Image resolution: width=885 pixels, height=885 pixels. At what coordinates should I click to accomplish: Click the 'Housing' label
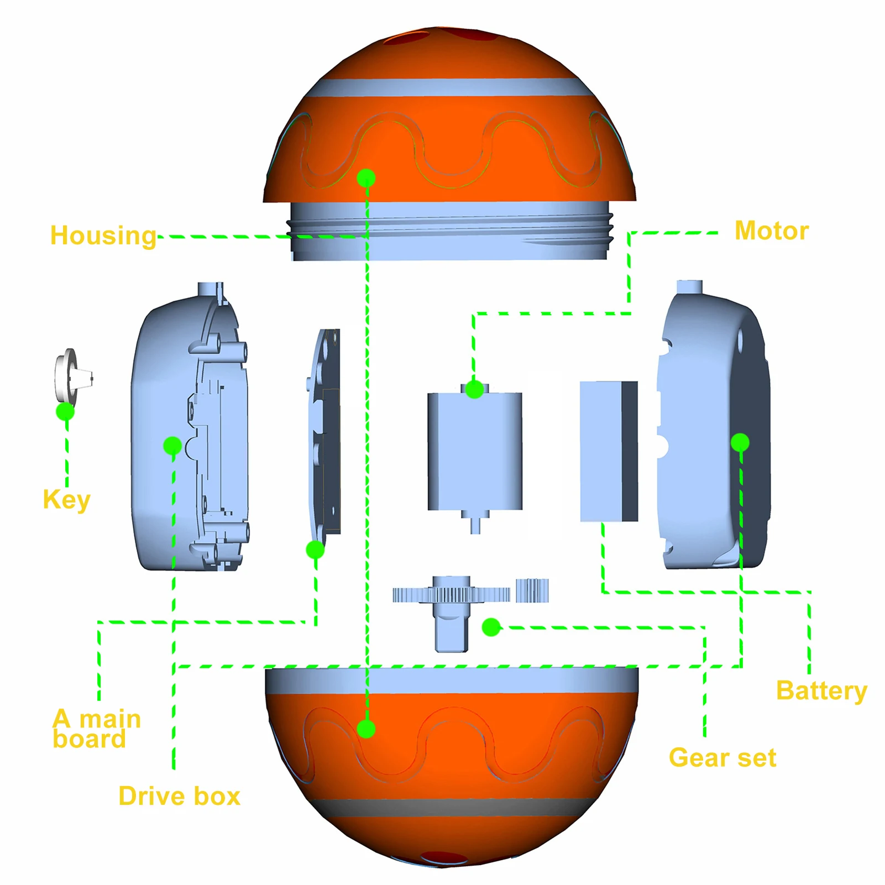pos(103,236)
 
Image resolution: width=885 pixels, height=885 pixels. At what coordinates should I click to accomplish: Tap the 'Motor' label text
pos(771,231)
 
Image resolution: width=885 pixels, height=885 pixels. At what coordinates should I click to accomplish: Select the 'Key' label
pos(66,500)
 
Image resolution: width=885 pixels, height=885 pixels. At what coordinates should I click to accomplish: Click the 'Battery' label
pos(821,691)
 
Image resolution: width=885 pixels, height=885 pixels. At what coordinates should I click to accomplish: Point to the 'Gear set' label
pos(722,758)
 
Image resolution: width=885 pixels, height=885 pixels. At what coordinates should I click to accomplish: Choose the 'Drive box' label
pos(180,797)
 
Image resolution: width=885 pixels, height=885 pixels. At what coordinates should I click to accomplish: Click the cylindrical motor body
pos(475,451)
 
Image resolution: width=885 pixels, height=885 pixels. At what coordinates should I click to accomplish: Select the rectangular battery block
pos(608,451)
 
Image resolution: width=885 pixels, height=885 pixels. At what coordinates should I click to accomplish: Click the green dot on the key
pos(65,412)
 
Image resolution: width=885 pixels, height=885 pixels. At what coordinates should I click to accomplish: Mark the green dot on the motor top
pos(474,390)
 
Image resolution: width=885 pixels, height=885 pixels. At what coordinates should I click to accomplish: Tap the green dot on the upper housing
pos(366,178)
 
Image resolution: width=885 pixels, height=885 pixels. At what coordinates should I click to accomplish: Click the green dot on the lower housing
pos(366,729)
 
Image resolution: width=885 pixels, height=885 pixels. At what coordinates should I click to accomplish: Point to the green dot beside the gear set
pos(491,627)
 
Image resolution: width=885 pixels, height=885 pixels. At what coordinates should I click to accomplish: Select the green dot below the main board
pos(315,549)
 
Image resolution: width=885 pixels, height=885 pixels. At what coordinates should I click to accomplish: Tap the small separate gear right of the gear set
pos(532,590)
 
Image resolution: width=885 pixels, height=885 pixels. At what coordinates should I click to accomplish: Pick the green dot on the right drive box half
pos(740,442)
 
